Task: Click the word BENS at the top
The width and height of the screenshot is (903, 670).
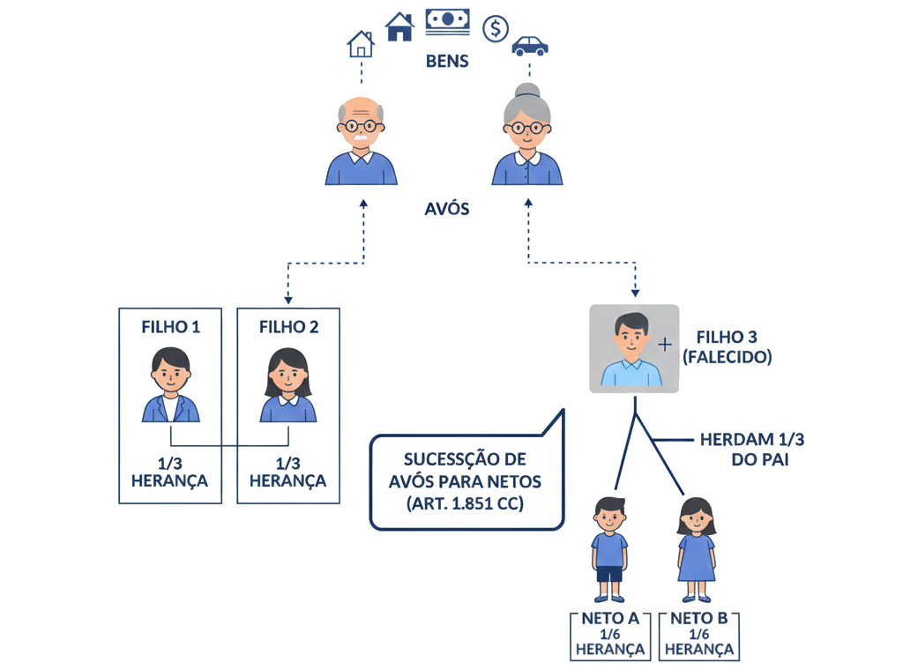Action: pos(447,62)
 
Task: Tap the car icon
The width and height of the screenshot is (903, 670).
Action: pos(529,45)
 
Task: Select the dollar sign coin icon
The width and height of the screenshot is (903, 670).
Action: pos(496,28)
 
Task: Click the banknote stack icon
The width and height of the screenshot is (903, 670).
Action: pos(447,22)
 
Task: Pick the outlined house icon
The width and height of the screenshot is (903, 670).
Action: pos(361,44)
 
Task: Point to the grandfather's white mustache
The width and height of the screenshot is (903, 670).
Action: pos(361,138)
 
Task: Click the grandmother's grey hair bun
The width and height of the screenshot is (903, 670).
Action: pos(527,91)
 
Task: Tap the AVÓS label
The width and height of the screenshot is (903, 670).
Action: pos(447,210)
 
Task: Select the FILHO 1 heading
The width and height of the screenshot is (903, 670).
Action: pos(171,326)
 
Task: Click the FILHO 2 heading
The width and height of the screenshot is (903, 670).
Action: pos(288,326)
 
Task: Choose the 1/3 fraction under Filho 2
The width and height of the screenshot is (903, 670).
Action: pos(288,464)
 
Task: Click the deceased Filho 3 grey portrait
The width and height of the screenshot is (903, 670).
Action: pos(633,348)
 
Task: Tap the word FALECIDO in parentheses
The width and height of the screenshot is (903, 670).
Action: pos(728,358)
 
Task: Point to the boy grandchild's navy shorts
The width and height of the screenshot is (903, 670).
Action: pos(609,574)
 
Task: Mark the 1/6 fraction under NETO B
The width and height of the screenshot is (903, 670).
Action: pos(699,634)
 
